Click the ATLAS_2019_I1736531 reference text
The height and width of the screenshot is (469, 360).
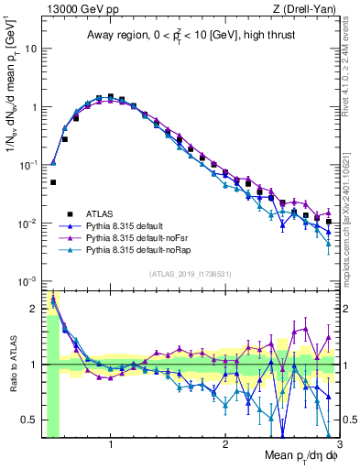point(191,273)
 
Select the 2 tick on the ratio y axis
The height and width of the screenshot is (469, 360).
point(35,309)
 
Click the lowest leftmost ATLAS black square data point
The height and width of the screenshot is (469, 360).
point(53,182)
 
